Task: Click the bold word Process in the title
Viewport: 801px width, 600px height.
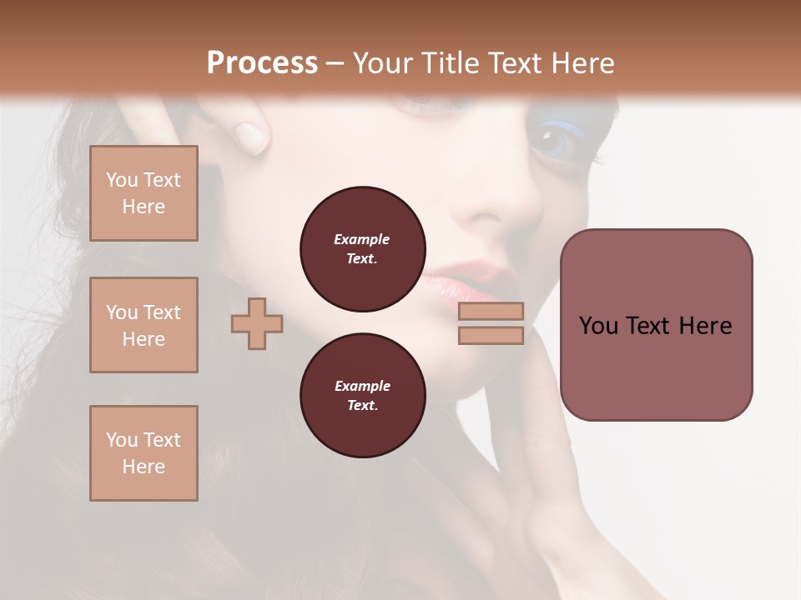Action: click(x=262, y=63)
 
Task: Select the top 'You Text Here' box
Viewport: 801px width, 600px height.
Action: click(x=144, y=193)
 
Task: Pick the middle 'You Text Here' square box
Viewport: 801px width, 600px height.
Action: click(x=144, y=325)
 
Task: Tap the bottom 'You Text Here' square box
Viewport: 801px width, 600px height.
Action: click(x=144, y=453)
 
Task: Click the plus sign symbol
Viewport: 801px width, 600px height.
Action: click(x=257, y=322)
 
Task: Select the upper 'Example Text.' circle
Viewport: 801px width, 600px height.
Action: click(x=362, y=249)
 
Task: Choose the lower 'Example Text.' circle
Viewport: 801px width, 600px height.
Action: click(x=362, y=396)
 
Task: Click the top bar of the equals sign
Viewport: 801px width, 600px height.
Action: click(x=491, y=311)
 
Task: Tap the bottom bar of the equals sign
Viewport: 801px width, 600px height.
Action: click(x=491, y=335)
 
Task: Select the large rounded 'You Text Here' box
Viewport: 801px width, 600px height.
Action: click(x=656, y=325)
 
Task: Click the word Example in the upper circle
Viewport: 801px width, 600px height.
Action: click(x=362, y=239)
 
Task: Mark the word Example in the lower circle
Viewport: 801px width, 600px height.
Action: click(x=362, y=386)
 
